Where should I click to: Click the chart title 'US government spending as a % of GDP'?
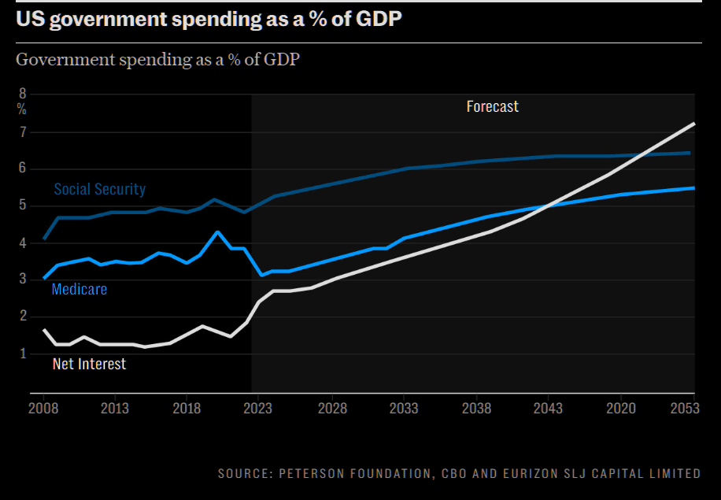point(209,20)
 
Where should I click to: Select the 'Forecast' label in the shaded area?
point(492,106)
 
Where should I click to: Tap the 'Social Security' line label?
point(100,189)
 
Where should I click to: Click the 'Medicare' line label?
point(79,289)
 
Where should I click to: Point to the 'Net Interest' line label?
point(89,364)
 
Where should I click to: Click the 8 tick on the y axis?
point(22,94)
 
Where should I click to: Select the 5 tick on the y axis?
point(22,206)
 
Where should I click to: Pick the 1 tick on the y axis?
point(22,354)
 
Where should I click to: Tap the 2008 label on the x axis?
point(44,409)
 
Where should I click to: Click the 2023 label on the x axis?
point(258,409)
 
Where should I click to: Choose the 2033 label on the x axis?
point(404,409)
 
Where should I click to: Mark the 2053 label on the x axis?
point(686,409)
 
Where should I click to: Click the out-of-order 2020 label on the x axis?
point(619,409)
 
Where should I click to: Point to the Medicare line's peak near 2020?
point(217,232)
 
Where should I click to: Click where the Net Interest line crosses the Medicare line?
point(551,205)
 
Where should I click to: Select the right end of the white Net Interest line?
point(693,124)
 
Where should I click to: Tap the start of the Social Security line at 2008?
point(44,238)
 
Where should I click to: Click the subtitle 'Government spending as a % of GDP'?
point(157,59)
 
